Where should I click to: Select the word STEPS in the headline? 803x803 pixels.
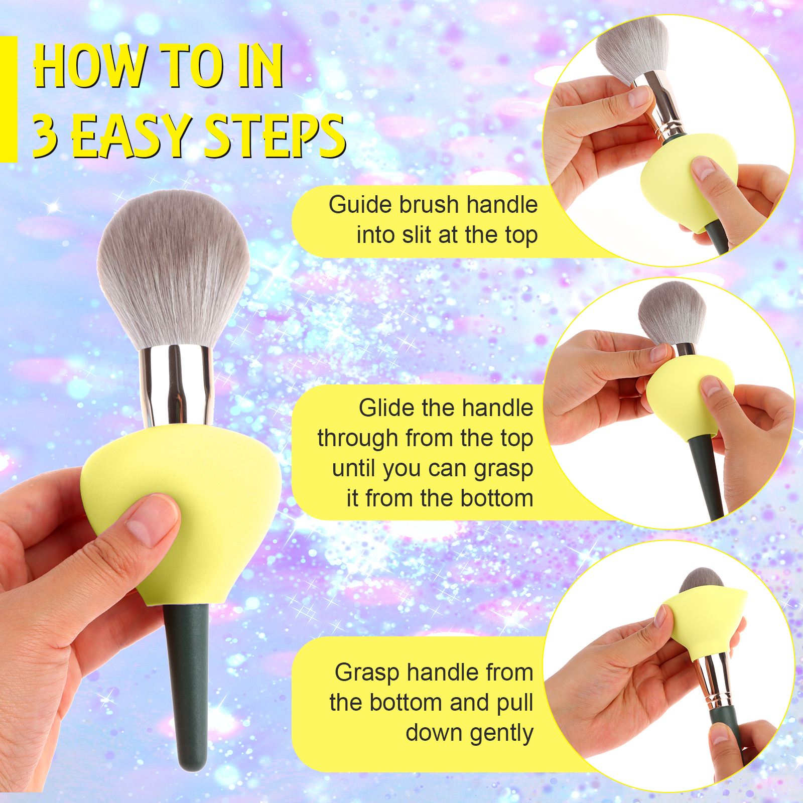[x=275, y=136]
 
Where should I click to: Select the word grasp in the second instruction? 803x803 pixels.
[x=503, y=470]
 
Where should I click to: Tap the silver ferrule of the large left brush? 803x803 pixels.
[x=176, y=386]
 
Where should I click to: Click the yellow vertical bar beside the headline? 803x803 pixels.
[x=9, y=99]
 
